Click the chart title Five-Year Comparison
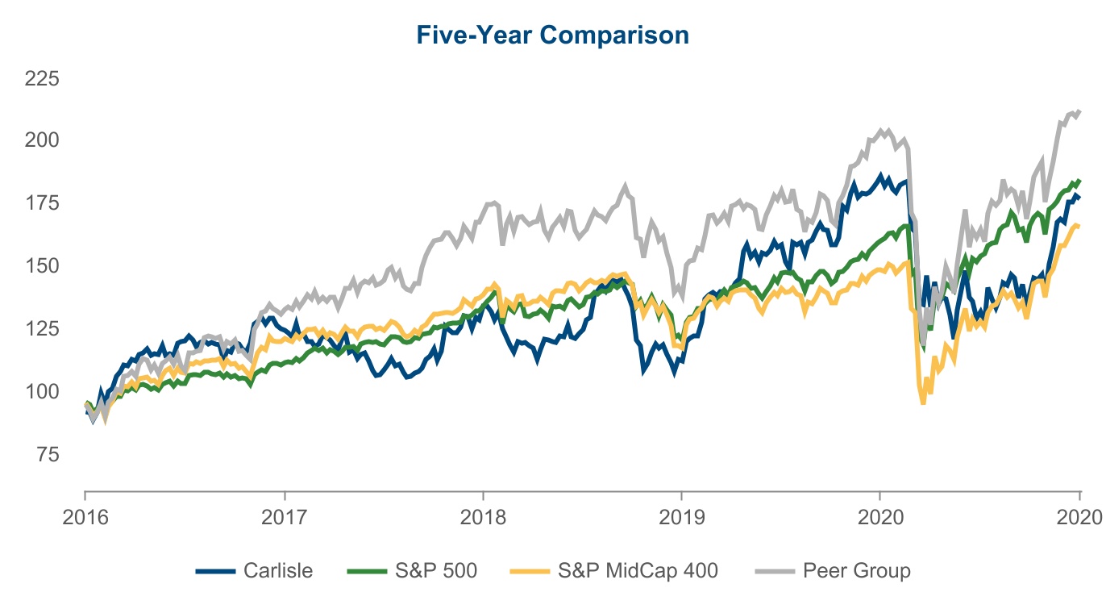pyautogui.click(x=552, y=35)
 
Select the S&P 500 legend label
pyautogui.click(x=436, y=571)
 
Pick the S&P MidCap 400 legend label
pyautogui.click(x=638, y=571)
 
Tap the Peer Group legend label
pyautogui.click(x=856, y=571)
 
